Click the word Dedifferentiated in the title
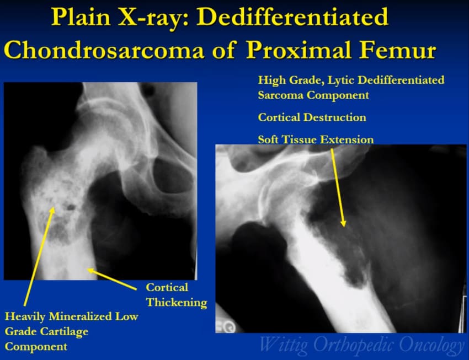click(x=292, y=17)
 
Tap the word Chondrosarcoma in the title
click(x=104, y=50)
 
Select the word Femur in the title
click(x=398, y=50)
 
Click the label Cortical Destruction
click(x=312, y=117)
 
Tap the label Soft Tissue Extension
click(x=316, y=139)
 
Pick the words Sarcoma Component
click(x=313, y=95)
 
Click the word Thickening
click(x=177, y=302)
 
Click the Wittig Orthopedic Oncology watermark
click(x=361, y=345)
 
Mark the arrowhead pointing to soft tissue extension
click(x=343, y=223)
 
